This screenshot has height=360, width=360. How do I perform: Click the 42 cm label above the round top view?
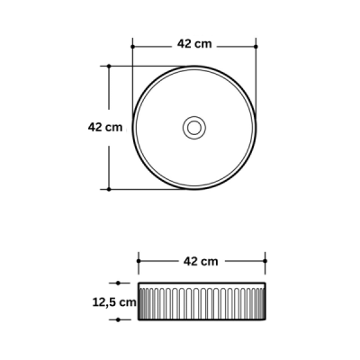pyautogui.click(x=194, y=43)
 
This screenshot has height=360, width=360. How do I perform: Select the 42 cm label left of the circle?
pyautogui.click(x=104, y=127)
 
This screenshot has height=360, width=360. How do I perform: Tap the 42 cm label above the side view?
pyautogui.click(x=201, y=262)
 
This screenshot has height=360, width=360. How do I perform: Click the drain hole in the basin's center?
pyautogui.click(x=193, y=127)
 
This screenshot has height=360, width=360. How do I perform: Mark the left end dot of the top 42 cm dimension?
pyautogui.click(x=132, y=44)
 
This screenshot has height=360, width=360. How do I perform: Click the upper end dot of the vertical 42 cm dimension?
pyautogui.click(x=109, y=66)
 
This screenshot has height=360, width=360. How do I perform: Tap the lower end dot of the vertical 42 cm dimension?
pyautogui.click(x=109, y=189)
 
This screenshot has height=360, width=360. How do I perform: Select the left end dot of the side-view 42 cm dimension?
pyautogui.click(x=138, y=262)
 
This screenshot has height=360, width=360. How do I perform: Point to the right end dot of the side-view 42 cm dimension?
pyautogui.click(x=265, y=262)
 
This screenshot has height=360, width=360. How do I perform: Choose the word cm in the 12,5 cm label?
pyautogui.click(x=129, y=302)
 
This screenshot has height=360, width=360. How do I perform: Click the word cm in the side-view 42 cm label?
pyautogui.click(x=210, y=262)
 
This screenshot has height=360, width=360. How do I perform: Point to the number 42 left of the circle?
pyautogui.click(x=95, y=127)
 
